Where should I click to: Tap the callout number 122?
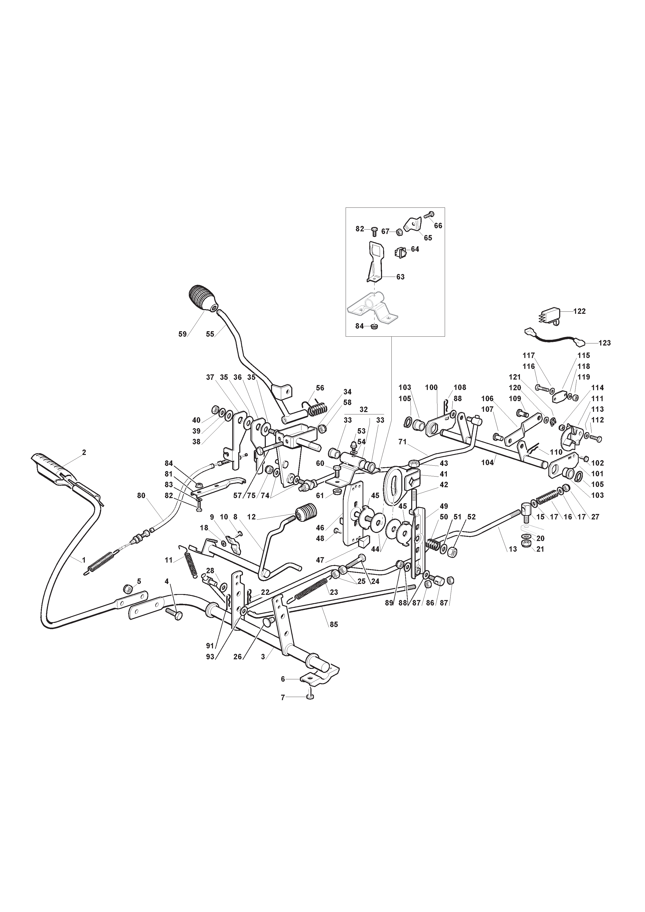pos(579,311)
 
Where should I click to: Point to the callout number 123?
pos(604,343)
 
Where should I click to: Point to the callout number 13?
pos(513,549)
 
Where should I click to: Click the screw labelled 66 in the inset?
pos(428,214)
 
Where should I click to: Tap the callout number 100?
pos(431,387)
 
